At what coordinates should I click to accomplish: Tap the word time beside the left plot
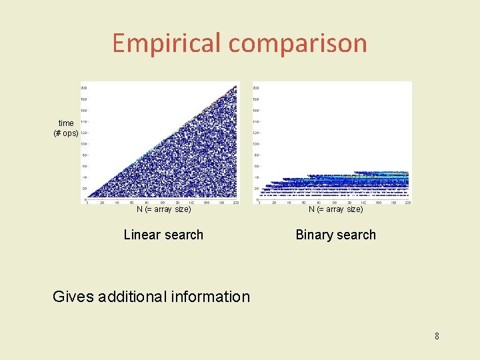(66, 123)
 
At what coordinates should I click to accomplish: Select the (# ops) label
(66, 133)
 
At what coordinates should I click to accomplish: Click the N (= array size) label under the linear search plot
(163, 209)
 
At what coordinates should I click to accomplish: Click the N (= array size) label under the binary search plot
(335, 209)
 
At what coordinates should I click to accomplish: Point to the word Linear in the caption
(143, 235)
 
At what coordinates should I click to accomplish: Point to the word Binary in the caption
(315, 235)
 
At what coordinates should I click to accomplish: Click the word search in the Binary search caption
(357, 235)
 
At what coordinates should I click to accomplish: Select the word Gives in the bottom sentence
(73, 297)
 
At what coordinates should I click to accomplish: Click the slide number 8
(437, 336)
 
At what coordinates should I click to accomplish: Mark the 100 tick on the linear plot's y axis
(84, 145)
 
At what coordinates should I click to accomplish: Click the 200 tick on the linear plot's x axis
(235, 202)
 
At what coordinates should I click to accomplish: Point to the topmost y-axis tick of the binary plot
(256, 88)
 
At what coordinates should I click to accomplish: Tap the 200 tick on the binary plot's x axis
(407, 202)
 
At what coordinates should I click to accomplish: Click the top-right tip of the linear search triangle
(237, 84)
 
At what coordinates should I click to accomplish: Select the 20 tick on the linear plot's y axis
(85, 189)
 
